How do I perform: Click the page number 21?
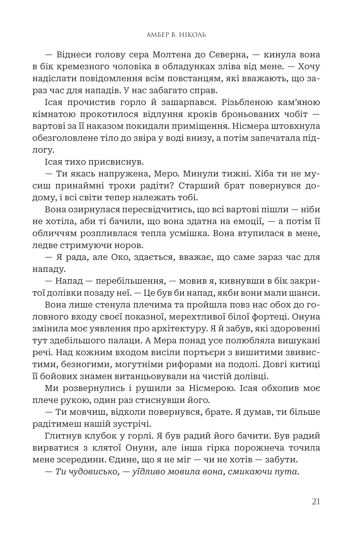(316, 502)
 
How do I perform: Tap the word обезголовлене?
(64, 139)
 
